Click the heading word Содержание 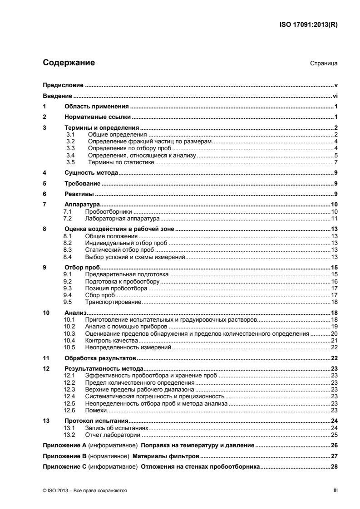point(69,63)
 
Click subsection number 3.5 point(70,162)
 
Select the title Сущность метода point(92,174)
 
